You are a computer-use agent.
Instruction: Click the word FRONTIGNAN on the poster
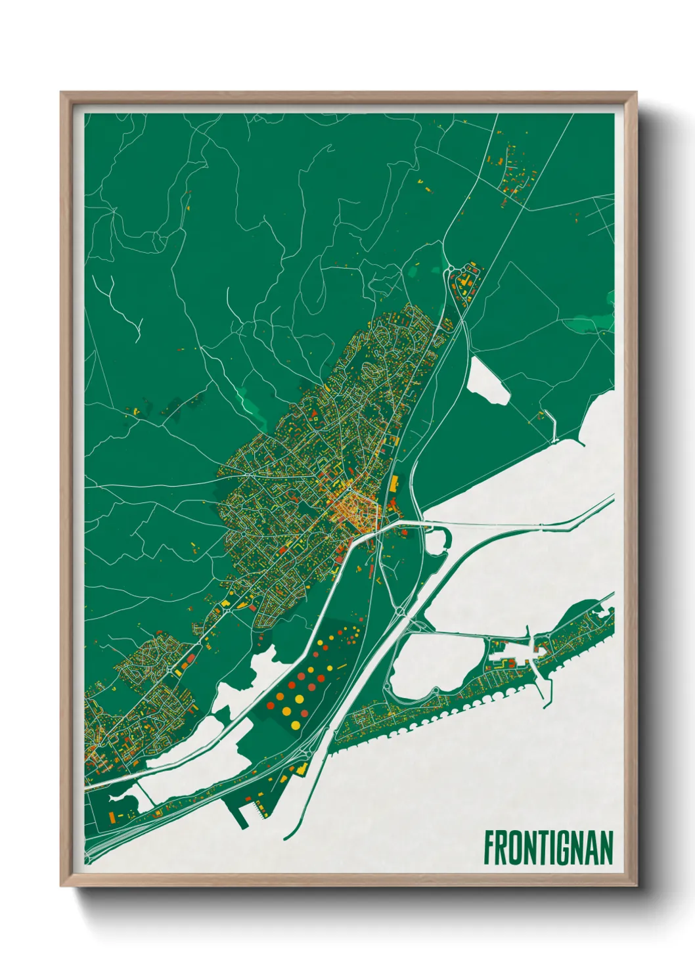[549, 847]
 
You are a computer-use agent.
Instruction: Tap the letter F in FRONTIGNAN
[489, 847]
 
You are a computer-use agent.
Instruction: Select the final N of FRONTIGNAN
[606, 847]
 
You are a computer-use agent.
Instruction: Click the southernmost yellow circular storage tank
[296, 725]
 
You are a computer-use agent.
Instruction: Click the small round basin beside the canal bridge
[436, 542]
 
